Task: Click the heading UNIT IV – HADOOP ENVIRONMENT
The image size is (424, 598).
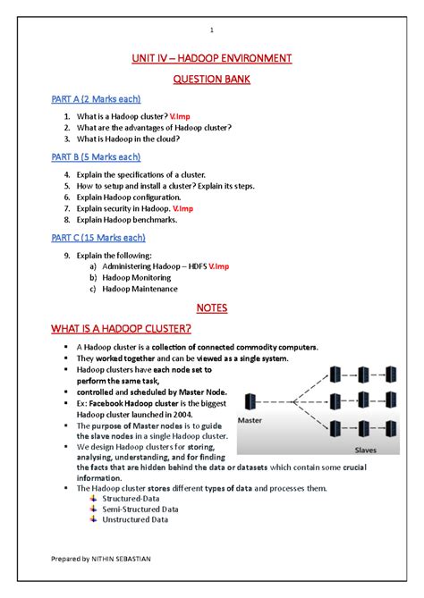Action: tap(212, 59)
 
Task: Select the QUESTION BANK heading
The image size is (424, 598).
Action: tap(212, 79)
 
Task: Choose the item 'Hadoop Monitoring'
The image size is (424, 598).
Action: tap(137, 277)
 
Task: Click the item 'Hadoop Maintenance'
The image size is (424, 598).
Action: tap(140, 289)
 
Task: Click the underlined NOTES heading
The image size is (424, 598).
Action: tap(212, 308)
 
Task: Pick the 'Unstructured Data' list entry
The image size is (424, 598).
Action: tap(137, 519)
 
